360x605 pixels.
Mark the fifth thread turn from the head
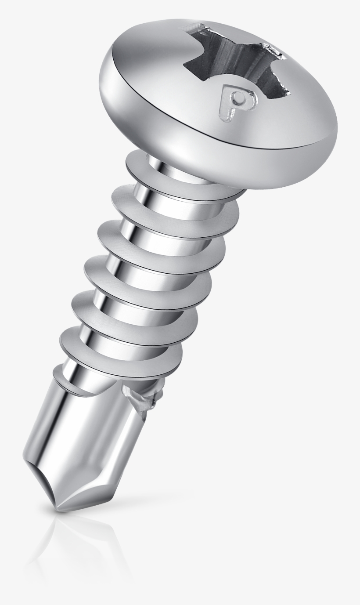tap(132, 321)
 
